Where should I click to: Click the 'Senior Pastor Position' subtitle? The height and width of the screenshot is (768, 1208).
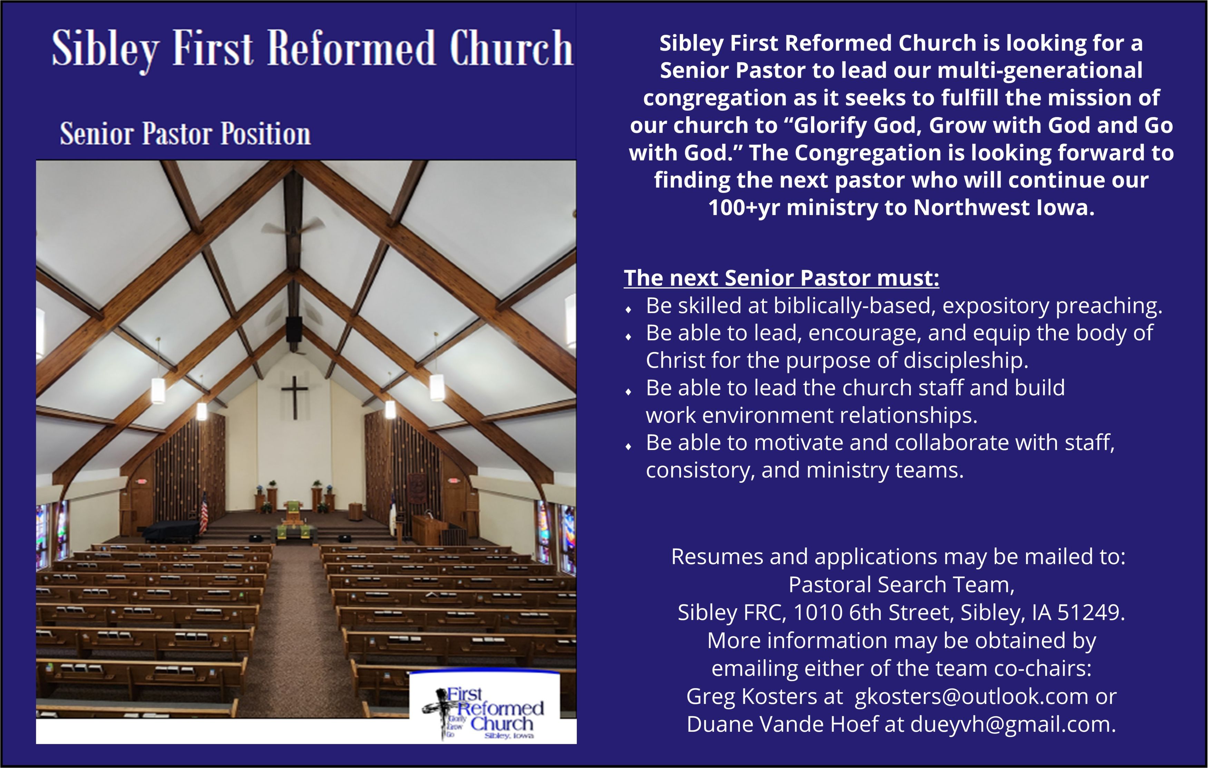[185, 134]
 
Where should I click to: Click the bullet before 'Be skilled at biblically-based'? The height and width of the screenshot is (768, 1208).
[629, 309]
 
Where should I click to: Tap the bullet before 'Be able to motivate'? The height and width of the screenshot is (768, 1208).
[629, 446]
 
